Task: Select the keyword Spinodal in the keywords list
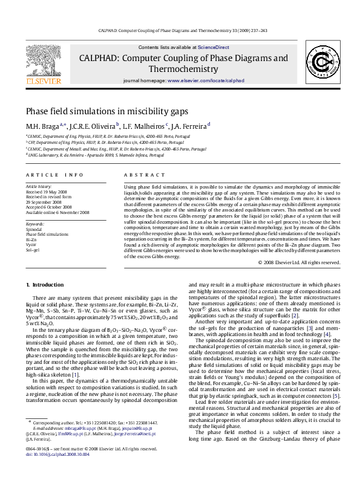click(x=34, y=230)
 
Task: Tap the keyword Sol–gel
click(x=33, y=249)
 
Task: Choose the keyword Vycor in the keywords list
click(x=31, y=244)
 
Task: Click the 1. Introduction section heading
click(x=45, y=284)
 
